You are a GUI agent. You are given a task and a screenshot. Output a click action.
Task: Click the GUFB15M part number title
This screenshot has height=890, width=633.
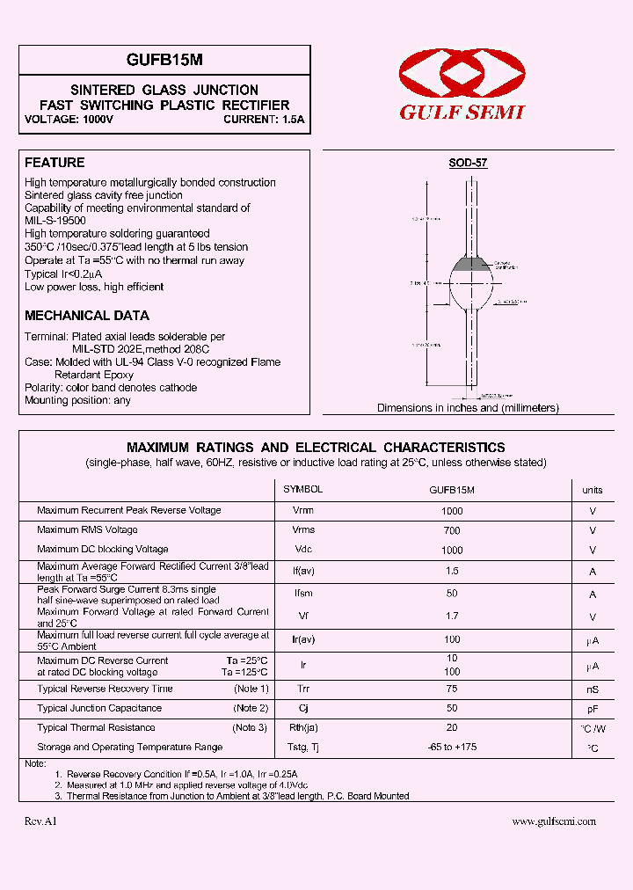coord(164,60)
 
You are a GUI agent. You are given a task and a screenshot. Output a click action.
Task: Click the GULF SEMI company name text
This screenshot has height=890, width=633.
coord(462,113)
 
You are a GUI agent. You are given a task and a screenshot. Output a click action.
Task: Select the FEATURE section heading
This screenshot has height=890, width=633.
coord(55,163)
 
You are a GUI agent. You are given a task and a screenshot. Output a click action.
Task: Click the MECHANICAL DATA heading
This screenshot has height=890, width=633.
coord(87,315)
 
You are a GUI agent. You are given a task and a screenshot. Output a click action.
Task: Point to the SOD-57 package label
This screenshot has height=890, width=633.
coord(468,163)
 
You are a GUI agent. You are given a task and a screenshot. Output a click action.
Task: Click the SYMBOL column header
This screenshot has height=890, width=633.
coord(302,489)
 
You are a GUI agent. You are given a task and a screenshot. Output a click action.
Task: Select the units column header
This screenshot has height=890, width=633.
coord(593,490)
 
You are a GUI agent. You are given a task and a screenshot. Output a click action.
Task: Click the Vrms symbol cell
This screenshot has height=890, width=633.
coord(302,529)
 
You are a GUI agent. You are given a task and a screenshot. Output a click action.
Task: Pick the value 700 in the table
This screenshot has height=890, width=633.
coord(452,530)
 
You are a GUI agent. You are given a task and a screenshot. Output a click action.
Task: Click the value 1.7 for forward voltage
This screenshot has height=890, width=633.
coord(452,616)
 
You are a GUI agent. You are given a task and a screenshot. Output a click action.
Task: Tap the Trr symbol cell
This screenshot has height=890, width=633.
coord(302,689)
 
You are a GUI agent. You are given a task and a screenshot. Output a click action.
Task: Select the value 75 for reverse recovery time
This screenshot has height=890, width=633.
coord(452,689)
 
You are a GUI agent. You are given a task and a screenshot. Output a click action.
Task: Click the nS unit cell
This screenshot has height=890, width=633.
coord(593,689)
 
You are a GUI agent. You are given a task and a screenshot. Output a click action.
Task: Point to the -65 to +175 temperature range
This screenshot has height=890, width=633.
coord(452,747)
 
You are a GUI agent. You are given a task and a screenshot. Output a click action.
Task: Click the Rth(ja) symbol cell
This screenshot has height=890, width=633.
coord(302,727)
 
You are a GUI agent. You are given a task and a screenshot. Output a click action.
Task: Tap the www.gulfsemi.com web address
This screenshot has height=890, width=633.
coord(554,821)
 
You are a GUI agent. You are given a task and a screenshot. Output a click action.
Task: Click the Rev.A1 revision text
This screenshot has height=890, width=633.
coord(40,821)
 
